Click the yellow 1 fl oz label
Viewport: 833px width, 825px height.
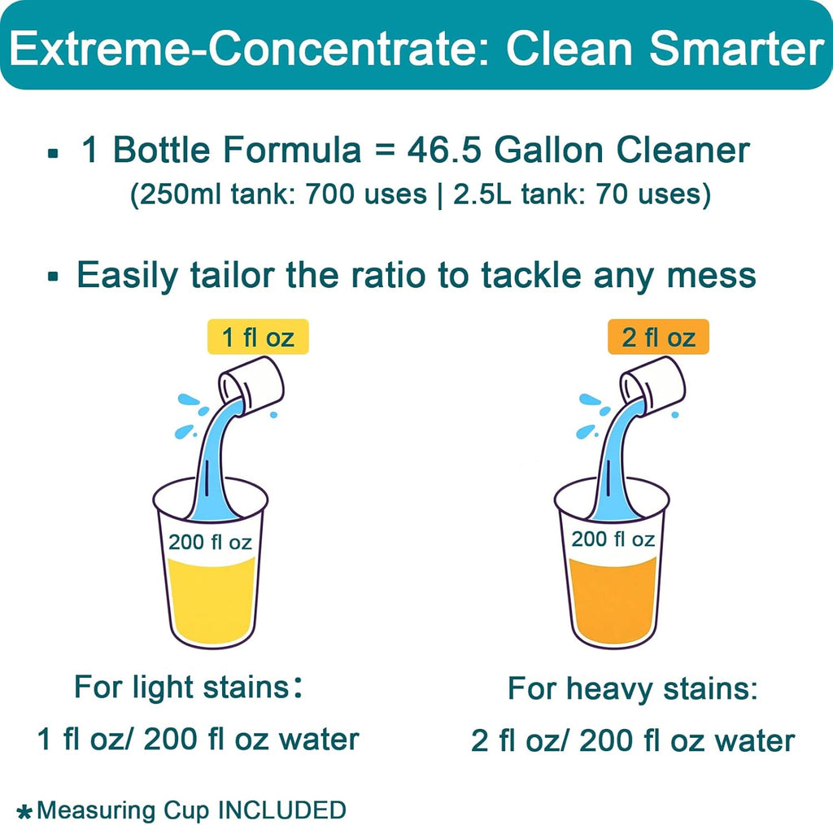257,337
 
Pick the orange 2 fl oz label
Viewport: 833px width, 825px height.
658,337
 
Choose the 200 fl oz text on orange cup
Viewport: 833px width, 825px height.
613,539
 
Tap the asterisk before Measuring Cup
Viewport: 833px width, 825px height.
24,811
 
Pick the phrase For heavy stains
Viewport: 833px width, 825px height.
633,689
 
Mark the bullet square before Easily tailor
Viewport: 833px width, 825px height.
54,277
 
